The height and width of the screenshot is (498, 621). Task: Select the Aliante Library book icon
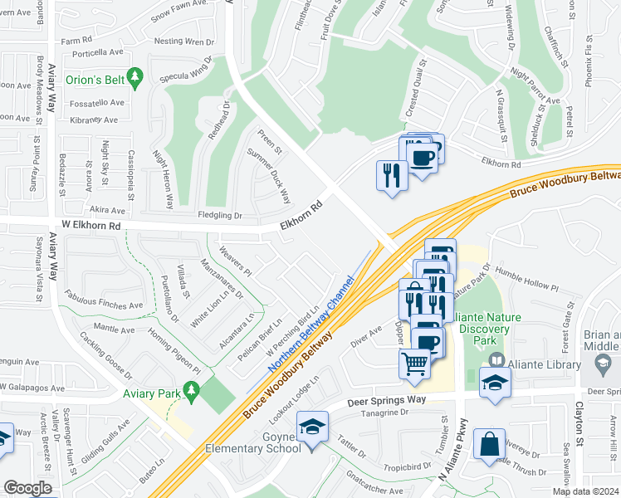496,359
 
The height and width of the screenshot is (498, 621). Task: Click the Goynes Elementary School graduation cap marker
312,428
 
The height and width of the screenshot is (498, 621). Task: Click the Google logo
27,488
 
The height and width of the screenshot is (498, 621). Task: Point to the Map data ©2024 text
585,491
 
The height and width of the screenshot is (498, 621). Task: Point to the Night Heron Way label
163,178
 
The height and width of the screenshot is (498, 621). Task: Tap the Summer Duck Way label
269,175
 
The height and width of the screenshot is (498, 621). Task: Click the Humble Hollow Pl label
527,279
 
